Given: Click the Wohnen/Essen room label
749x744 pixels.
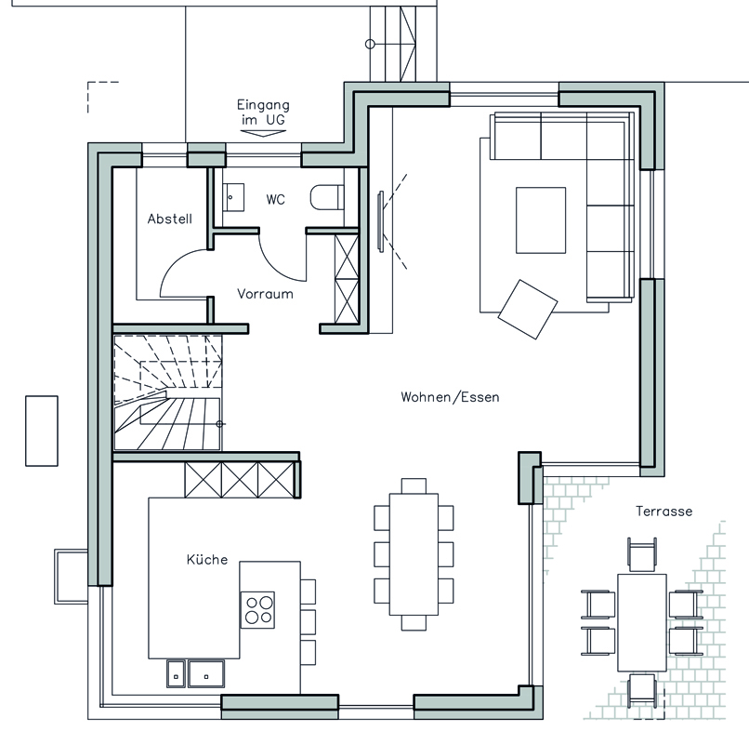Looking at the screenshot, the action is [450, 397].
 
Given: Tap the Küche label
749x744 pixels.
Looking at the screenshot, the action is [207, 559].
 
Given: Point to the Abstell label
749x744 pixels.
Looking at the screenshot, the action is [169, 219].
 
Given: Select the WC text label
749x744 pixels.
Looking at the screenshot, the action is [276, 199].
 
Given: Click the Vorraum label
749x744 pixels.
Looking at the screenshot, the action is [265, 294].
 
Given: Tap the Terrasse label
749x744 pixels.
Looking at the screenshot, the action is [664, 511].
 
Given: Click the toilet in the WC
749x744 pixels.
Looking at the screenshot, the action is [327, 197].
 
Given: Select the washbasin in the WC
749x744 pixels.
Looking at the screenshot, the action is [233, 197].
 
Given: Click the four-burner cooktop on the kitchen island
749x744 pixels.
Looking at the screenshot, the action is [258, 609].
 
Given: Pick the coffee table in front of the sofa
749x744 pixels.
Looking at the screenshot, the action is [541, 220].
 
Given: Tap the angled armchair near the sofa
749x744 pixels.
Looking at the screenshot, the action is [527, 310].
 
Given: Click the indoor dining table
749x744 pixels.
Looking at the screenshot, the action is [414, 554].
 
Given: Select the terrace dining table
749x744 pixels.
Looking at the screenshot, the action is [642, 622].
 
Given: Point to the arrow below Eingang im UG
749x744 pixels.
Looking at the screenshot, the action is [262, 132].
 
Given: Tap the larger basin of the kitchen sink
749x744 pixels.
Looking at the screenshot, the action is [206, 673].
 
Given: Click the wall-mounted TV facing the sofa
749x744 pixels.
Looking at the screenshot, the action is [380, 221].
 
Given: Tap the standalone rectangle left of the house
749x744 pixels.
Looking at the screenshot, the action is [42, 431].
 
